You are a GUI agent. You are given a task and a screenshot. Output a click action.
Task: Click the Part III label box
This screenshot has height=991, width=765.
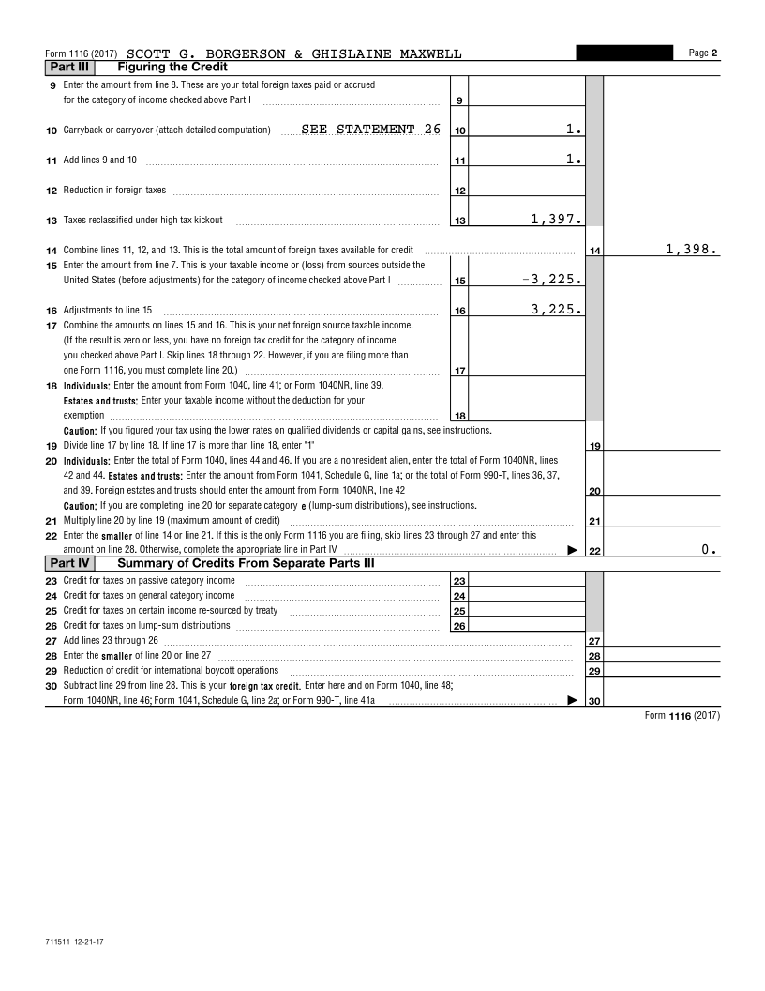click(69, 68)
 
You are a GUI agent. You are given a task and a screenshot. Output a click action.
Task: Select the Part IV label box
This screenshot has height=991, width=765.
click(69, 564)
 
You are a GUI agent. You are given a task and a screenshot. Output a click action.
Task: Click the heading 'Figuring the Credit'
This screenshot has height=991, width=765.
click(172, 68)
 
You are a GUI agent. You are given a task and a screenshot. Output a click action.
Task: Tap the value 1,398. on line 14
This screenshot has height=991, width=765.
click(692, 250)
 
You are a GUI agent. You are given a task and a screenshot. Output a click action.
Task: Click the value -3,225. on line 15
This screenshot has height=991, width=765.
click(553, 280)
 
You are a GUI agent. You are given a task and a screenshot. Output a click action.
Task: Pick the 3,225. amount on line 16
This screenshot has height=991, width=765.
click(557, 310)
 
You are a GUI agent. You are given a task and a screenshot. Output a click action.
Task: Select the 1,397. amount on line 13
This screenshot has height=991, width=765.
click(557, 220)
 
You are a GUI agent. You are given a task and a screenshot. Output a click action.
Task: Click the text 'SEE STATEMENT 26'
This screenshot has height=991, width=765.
click(370, 130)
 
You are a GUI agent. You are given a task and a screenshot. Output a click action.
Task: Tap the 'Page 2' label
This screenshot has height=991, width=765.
click(703, 53)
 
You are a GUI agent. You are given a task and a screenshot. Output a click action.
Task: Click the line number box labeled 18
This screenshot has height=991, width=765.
click(459, 416)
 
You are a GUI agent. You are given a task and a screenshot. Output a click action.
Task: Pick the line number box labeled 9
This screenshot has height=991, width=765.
click(459, 100)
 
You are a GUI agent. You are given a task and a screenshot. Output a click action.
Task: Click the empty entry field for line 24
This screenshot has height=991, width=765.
click(526, 596)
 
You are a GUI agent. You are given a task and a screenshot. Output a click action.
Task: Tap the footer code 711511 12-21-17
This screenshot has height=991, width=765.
click(73, 939)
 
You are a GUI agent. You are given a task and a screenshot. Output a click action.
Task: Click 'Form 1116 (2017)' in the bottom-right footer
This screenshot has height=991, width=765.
click(682, 716)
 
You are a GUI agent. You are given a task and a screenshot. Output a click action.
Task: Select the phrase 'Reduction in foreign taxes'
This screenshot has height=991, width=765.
click(114, 191)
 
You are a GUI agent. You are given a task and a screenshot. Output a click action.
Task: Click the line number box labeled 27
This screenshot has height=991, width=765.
click(593, 642)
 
